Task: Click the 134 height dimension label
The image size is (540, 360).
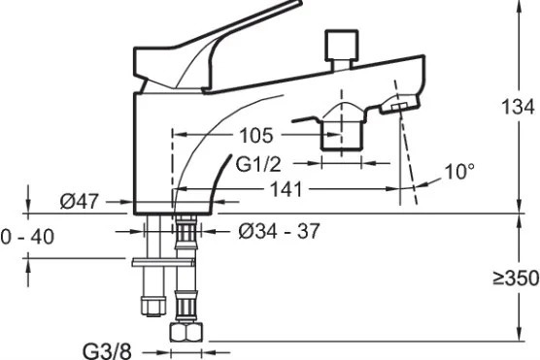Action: [518, 107]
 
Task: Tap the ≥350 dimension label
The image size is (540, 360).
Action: [516, 278]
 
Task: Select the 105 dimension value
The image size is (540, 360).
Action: [256, 135]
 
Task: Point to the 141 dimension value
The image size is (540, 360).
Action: [287, 189]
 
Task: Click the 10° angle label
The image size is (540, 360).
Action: [459, 171]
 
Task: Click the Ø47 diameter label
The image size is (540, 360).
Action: [80, 201]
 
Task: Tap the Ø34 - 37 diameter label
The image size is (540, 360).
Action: [279, 231]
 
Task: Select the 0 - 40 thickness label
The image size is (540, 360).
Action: [27, 237]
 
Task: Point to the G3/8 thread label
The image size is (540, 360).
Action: [107, 351]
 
